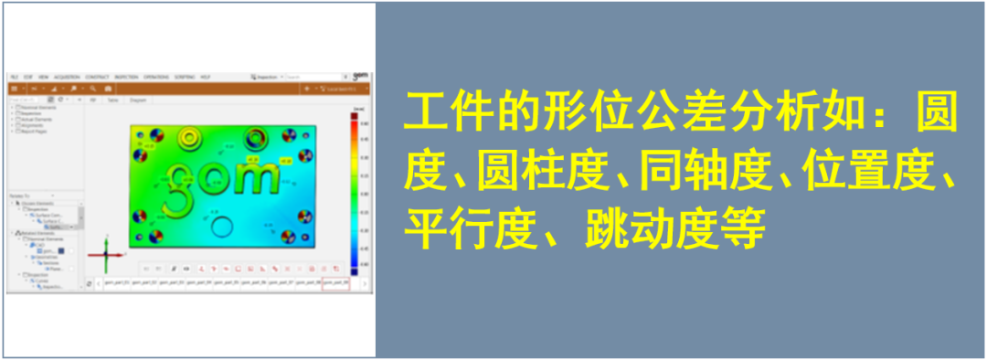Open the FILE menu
pyautogui.click(x=14, y=76)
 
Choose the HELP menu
pyautogui.click(x=206, y=76)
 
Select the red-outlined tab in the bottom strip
pyautogui.click(x=335, y=283)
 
